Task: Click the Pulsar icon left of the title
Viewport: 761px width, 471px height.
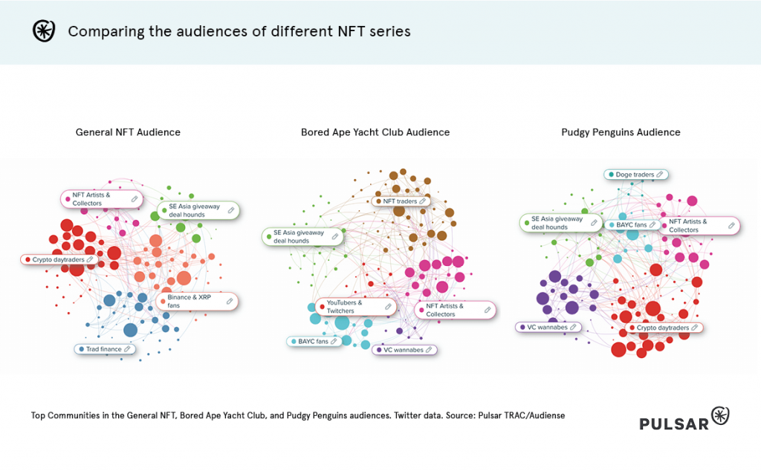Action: tap(44, 31)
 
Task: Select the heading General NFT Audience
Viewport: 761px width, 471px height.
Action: tap(128, 132)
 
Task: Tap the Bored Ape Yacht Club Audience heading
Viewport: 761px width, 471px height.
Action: tap(375, 132)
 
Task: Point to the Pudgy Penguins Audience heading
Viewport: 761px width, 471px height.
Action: tap(621, 132)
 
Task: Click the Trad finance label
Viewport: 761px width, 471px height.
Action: tap(105, 348)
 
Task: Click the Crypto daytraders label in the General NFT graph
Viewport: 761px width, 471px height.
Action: tap(59, 260)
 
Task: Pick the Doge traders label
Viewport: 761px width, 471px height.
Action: tap(635, 175)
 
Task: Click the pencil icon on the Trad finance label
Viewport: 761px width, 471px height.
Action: tap(127, 348)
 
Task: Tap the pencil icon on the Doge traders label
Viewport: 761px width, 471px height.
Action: tap(660, 175)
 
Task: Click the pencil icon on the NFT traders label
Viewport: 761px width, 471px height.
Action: tap(423, 201)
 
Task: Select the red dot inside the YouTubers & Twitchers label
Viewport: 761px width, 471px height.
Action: tap(322, 307)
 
